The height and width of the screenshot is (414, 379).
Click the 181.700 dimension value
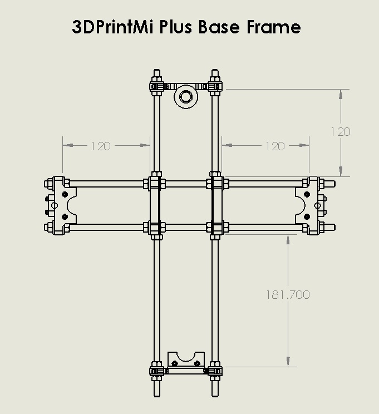288,295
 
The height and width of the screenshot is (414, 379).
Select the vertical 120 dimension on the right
341,132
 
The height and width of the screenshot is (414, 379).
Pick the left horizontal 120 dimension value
100,146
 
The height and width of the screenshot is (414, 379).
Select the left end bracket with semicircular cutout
60,205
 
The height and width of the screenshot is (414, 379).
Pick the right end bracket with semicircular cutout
310,205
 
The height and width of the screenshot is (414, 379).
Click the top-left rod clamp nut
156,86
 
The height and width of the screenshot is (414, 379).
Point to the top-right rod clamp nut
215,86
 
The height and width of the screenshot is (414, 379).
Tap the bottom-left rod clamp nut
156,369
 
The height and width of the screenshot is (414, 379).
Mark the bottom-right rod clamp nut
215,369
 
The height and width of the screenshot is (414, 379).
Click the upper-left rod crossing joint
156,183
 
